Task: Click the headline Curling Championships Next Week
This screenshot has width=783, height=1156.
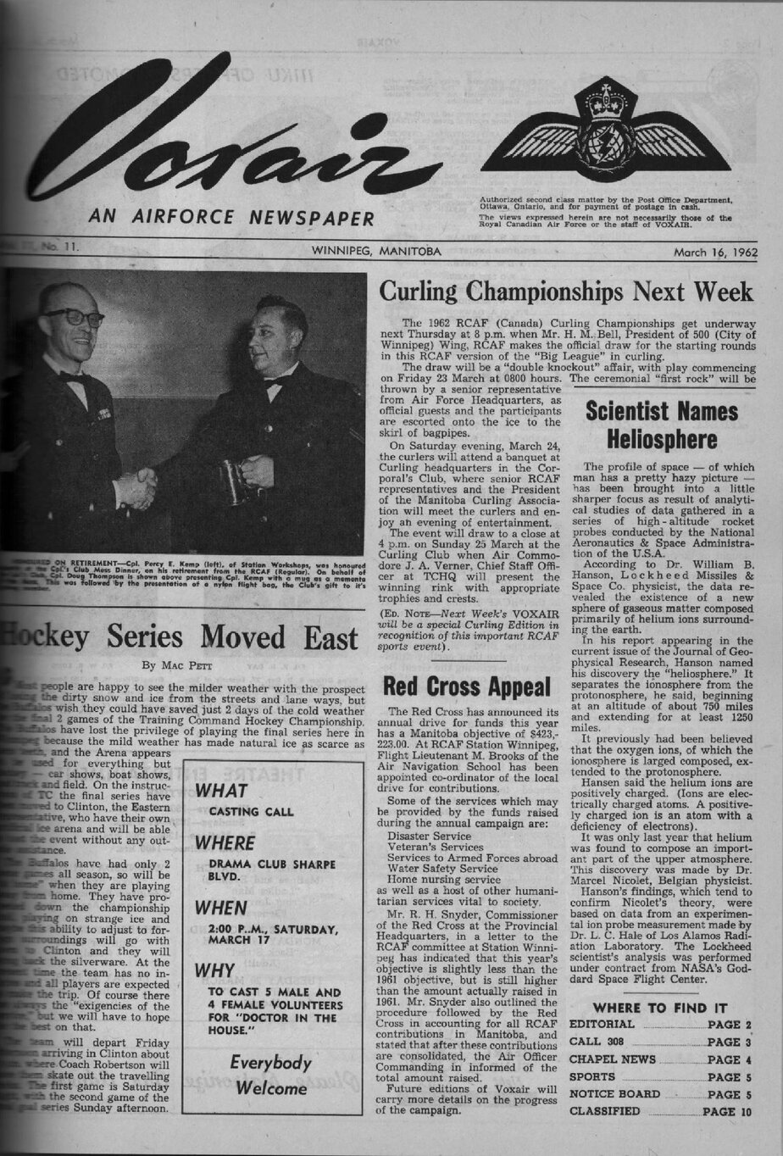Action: pyautogui.click(x=565, y=292)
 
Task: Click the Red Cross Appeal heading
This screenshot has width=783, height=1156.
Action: pyautogui.click(x=467, y=686)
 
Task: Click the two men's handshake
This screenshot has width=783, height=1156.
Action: pyautogui.click(x=136, y=489)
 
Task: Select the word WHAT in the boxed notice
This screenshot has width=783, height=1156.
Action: pyautogui.click(x=221, y=792)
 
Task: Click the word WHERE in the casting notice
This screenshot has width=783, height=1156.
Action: pyautogui.click(x=225, y=843)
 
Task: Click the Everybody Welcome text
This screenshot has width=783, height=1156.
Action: pyautogui.click(x=271, y=1075)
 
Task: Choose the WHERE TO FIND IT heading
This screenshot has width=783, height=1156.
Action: pyautogui.click(x=659, y=1008)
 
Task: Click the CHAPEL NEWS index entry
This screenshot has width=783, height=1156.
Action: pyautogui.click(x=613, y=1059)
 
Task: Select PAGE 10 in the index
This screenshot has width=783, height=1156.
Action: pyautogui.click(x=727, y=1111)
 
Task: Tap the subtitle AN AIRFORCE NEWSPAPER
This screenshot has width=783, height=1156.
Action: pyautogui.click(x=230, y=219)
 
